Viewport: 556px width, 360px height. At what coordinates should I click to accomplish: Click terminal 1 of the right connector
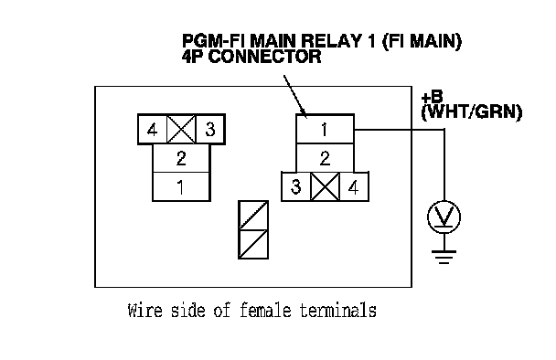[x=325, y=129]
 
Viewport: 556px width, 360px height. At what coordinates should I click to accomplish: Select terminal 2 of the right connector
[x=325, y=158]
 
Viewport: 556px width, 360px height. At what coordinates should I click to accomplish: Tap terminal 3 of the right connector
[x=296, y=186]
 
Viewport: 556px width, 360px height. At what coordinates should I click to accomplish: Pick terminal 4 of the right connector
[x=354, y=186]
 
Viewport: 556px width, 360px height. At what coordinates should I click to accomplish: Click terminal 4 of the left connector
[x=153, y=130]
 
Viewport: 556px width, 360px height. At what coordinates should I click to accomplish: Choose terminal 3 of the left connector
[x=210, y=130]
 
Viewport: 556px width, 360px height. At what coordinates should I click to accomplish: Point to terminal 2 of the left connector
[x=181, y=158]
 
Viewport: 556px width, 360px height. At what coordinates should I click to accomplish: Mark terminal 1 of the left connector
[x=181, y=186]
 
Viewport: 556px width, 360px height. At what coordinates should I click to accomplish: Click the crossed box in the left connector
[x=181, y=130]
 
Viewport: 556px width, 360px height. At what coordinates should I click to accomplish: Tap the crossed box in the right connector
[x=325, y=186]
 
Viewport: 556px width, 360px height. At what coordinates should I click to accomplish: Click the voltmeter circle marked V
[x=444, y=217]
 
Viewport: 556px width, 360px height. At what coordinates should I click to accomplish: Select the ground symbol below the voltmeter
[x=444, y=257]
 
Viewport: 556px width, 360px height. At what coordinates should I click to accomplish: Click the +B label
[x=432, y=97]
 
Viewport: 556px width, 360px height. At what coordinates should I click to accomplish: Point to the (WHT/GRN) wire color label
[x=472, y=112]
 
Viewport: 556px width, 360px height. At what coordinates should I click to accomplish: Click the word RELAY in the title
[x=330, y=41]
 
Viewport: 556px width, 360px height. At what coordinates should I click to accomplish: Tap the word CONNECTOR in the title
[x=265, y=57]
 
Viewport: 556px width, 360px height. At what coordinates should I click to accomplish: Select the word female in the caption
[x=265, y=311]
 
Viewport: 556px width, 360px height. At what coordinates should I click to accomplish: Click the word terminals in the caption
[x=338, y=311]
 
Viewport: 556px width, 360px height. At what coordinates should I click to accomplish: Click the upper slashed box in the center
[x=253, y=216]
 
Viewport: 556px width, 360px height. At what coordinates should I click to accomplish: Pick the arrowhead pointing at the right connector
[x=304, y=112]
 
